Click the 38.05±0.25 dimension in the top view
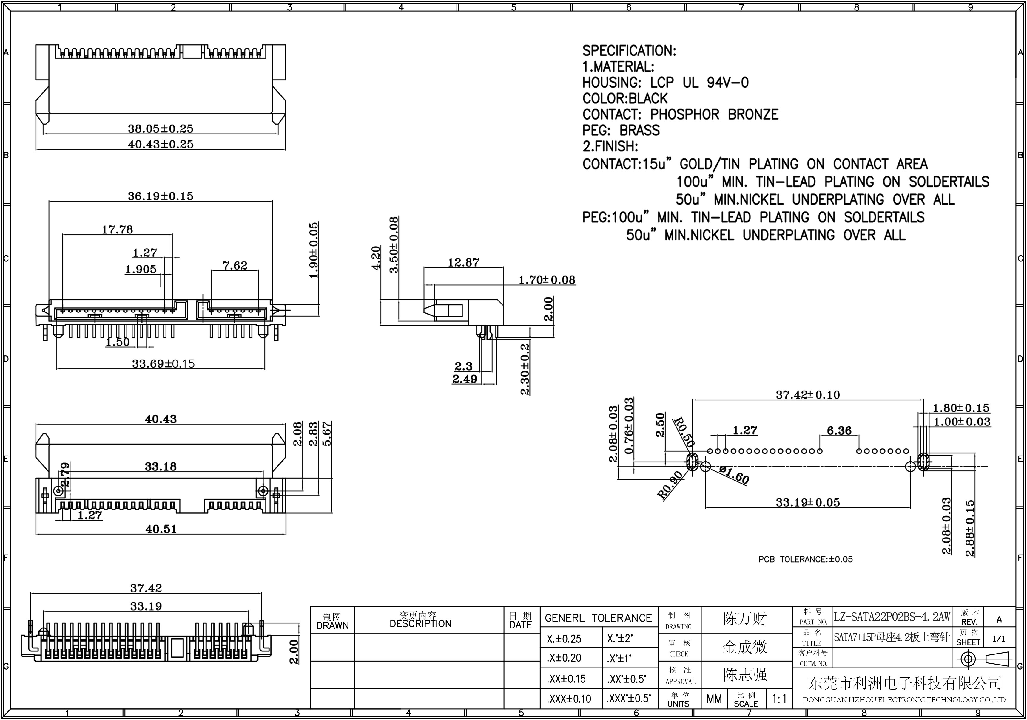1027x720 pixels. [x=161, y=129]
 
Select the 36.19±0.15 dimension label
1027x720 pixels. [x=161, y=196]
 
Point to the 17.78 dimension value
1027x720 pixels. [x=117, y=230]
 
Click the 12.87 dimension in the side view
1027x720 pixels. [x=463, y=262]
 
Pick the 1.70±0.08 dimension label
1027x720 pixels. [x=547, y=280]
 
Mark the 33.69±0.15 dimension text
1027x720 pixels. [x=163, y=364]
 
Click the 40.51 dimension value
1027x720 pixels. [x=161, y=529]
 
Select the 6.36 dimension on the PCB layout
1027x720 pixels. [x=839, y=431]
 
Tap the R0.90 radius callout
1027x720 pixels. [x=670, y=485]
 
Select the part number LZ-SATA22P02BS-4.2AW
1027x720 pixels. [x=892, y=617]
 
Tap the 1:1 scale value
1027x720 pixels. [x=779, y=699]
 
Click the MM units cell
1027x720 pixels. [x=714, y=699]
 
